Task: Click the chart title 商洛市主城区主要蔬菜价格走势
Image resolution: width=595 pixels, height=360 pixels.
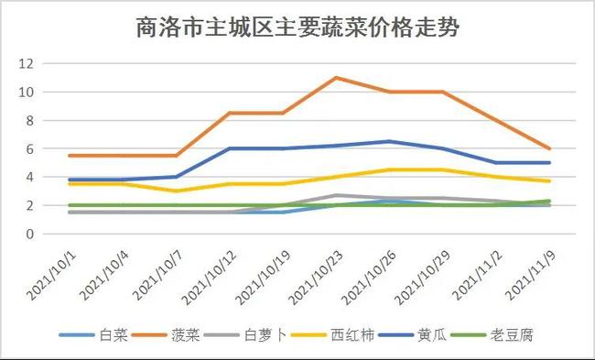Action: tap(297, 28)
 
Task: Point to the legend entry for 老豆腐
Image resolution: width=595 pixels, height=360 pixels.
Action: tap(527, 336)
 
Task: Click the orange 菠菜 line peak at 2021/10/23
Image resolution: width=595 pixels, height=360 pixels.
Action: tap(337, 78)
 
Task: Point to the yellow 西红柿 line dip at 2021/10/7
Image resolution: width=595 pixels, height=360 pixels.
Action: tap(177, 191)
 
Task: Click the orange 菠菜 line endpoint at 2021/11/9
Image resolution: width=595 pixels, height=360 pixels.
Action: tap(549, 148)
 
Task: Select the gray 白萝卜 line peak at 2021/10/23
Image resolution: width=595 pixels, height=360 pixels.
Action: tap(337, 195)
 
